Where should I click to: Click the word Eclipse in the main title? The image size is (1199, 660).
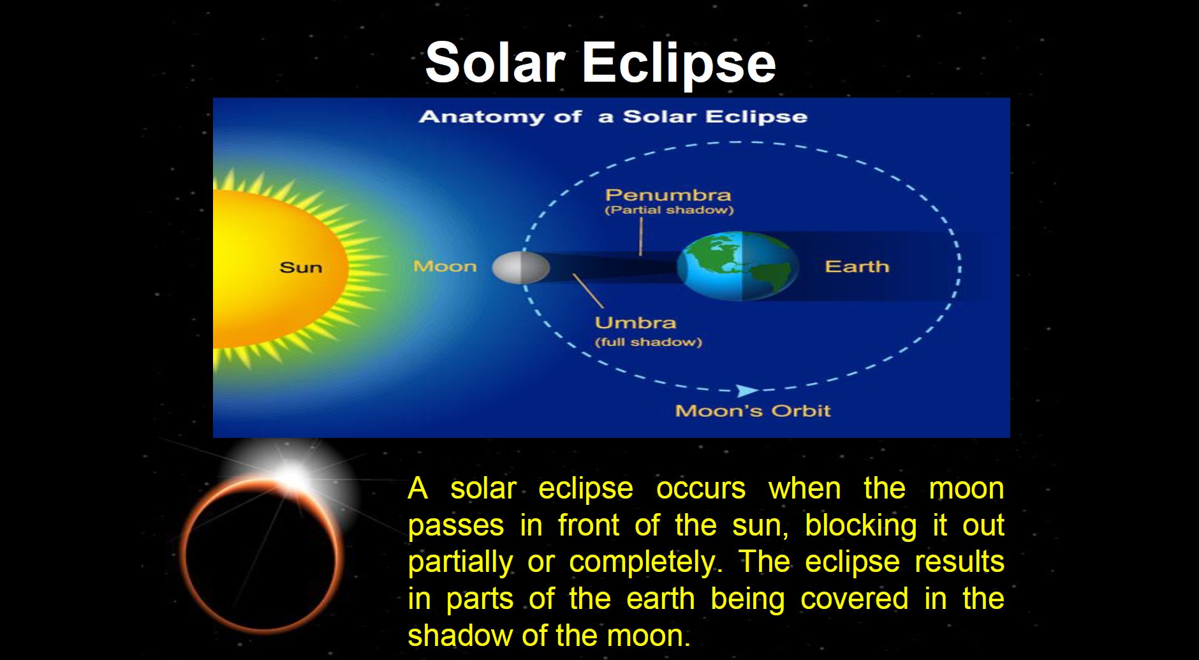(x=679, y=63)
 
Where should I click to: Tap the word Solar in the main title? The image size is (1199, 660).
(x=496, y=63)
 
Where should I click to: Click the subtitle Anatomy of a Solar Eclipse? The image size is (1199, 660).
(x=613, y=117)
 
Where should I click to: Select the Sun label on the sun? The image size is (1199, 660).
(x=301, y=267)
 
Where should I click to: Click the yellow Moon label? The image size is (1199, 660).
(x=445, y=266)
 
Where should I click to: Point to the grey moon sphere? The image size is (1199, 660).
(x=521, y=267)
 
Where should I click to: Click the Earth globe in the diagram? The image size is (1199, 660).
(x=738, y=266)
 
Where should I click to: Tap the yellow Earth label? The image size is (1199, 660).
(x=857, y=266)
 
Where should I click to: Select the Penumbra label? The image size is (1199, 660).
(x=668, y=195)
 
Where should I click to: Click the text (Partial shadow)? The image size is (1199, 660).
(x=669, y=210)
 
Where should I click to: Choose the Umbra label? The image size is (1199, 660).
(x=635, y=323)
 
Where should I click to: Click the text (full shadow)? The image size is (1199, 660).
(x=648, y=342)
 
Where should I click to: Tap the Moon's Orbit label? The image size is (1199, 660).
(x=753, y=410)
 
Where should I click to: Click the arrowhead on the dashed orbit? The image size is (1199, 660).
(x=746, y=391)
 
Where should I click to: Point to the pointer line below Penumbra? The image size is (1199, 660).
(x=641, y=236)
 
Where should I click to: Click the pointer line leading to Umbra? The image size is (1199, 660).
(x=588, y=291)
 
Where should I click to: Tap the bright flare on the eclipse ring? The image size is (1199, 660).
(x=292, y=476)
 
